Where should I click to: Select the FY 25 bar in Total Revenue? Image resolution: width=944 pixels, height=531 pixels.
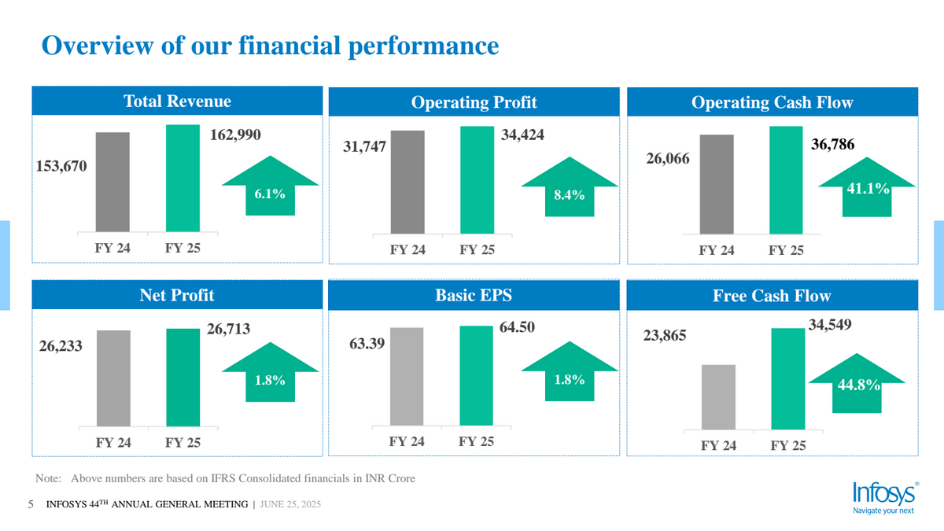[183, 179]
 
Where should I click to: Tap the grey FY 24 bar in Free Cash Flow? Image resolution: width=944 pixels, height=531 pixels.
[717, 397]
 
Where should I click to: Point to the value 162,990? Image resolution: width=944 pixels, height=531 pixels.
[235, 135]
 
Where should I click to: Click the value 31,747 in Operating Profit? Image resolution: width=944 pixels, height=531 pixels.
[364, 147]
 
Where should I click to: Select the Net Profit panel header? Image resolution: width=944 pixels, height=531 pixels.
[177, 296]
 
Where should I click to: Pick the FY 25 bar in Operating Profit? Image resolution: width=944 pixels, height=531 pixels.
[478, 180]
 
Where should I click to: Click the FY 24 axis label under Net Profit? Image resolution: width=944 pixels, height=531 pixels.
[113, 443]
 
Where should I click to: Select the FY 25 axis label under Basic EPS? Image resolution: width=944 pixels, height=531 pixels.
[477, 442]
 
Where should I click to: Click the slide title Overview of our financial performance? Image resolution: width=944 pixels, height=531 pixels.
[270, 45]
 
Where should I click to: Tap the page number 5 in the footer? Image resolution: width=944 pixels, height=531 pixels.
[31, 504]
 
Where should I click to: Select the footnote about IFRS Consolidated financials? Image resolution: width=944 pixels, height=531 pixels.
[226, 478]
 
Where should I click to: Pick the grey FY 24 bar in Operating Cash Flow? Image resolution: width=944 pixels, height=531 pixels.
[716, 184]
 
